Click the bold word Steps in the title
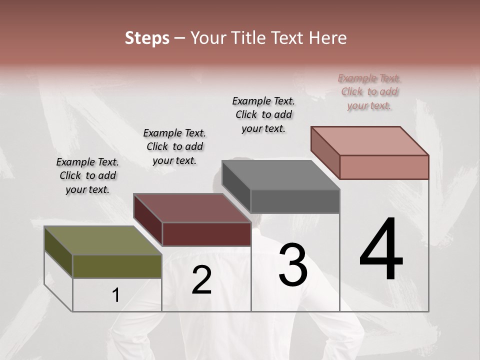point(147,38)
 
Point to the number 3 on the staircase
point(293,265)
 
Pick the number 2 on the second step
point(201,280)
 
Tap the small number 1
point(116,295)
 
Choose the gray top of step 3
point(280,175)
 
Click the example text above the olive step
point(87,175)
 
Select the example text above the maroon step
point(174,146)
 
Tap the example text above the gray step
point(263,114)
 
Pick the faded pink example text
point(369,91)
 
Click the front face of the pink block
point(384,167)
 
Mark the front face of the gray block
point(295,201)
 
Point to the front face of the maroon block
point(206,234)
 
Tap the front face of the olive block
point(117,266)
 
